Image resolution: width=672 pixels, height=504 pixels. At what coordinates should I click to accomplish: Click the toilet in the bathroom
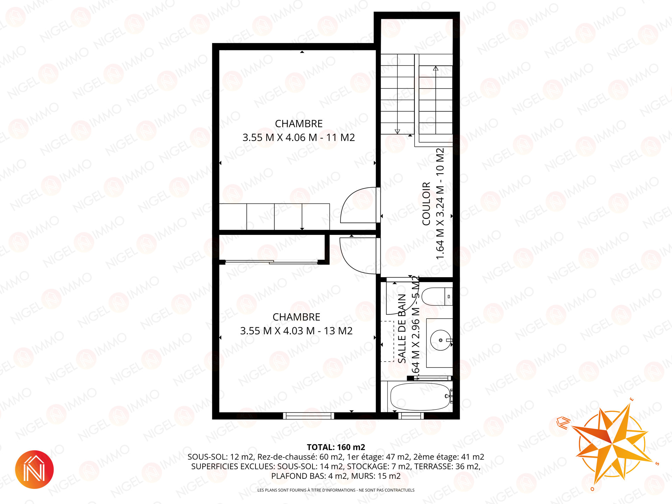click(x=437, y=296)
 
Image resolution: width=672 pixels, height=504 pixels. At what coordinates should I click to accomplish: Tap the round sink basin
click(x=441, y=340)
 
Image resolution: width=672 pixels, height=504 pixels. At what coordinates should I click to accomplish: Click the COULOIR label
click(x=426, y=204)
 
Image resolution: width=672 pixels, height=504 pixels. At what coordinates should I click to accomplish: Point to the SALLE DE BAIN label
click(x=402, y=328)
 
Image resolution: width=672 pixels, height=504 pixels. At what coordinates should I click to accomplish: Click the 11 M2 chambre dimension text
click(x=299, y=138)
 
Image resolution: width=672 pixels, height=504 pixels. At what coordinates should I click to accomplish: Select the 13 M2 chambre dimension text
click(x=296, y=331)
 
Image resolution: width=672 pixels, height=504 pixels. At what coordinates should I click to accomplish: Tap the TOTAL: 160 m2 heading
click(x=336, y=447)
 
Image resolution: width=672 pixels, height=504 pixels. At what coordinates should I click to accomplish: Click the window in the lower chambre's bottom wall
click(x=308, y=416)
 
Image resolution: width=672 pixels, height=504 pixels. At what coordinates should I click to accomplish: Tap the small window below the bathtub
click(x=411, y=416)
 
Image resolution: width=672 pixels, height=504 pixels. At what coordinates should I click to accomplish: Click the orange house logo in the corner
click(x=34, y=469)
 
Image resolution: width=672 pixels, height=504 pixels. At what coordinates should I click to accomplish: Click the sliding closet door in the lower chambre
click(x=271, y=261)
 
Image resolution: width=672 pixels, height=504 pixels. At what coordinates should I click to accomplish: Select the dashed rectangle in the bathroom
click(x=387, y=341)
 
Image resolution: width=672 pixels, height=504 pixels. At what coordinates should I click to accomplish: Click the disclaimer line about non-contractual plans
click(x=336, y=490)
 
